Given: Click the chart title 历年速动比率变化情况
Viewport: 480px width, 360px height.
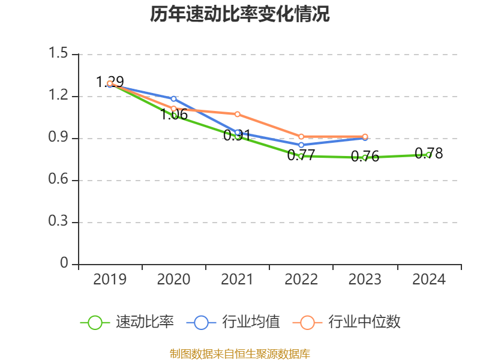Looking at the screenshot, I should point(239,14).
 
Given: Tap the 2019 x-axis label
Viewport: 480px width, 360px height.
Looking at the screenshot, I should point(110,280).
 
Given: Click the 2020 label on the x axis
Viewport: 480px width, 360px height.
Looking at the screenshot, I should point(173,280).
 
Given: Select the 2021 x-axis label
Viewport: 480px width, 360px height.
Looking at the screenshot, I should point(237,280).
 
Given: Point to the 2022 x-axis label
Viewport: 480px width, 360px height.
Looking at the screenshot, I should point(301,280).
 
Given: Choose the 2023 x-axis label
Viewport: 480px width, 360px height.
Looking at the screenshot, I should point(365,280).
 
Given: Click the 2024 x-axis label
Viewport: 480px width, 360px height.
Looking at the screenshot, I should point(428,280).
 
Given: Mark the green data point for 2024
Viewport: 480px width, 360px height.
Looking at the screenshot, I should point(428,155).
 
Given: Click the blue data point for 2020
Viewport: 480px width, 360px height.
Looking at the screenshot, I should point(173,98).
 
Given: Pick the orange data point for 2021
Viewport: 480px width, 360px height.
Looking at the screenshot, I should point(238,114).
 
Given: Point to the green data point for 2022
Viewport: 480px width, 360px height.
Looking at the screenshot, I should point(301,156).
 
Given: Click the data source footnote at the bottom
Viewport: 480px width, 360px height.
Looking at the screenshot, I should point(239,353).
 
